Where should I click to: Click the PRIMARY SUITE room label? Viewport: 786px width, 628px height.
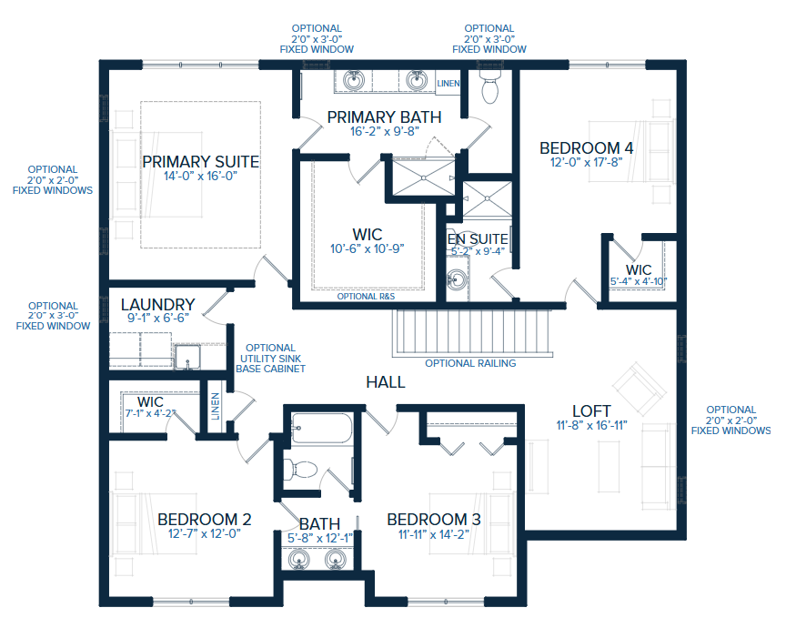click(200, 161)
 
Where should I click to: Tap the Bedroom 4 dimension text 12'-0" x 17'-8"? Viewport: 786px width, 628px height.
click(586, 164)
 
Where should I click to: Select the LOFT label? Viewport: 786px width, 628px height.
click(590, 410)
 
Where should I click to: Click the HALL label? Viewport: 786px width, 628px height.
click(385, 382)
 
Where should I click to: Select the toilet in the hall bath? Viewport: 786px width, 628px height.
click(299, 470)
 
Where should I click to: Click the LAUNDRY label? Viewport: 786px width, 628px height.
click(157, 304)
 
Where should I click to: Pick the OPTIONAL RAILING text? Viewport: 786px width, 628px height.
click(470, 363)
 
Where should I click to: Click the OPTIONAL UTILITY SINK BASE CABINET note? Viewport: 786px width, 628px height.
click(270, 359)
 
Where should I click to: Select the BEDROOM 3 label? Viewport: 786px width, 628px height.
click(434, 519)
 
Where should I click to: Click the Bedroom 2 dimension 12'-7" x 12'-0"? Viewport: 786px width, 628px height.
click(204, 534)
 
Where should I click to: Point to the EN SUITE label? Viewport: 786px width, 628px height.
click(478, 239)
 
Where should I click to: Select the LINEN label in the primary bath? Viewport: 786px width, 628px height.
click(448, 84)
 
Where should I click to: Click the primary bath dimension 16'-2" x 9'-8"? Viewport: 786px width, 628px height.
click(384, 131)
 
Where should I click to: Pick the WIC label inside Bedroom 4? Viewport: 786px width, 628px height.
click(639, 269)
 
